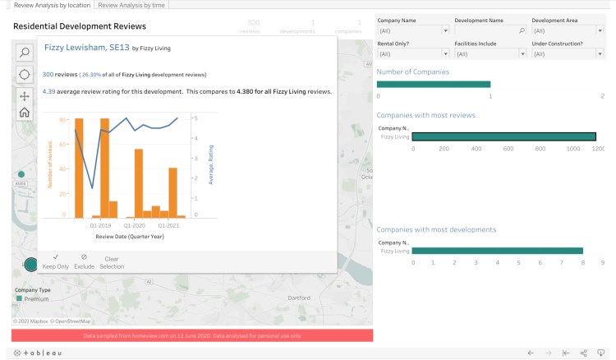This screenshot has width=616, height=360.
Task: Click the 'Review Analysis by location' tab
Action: click(x=53, y=5)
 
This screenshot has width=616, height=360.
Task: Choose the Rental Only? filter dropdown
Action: click(x=411, y=53)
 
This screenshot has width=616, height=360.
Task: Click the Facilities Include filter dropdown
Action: click(x=490, y=53)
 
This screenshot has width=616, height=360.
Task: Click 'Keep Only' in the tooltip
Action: click(x=55, y=262)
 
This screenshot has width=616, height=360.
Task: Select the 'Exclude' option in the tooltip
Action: click(x=85, y=262)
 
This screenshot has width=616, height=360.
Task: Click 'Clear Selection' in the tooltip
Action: click(x=112, y=262)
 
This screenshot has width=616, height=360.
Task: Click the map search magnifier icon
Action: click(x=25, y=53)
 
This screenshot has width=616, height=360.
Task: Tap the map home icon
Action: click(x=25, y=113)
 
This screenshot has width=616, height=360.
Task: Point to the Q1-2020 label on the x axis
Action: click(x=134, y=224)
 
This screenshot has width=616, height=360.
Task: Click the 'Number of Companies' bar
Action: click(x=433, y=84)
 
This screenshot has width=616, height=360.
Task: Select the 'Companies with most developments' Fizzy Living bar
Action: click(x=497, y=251)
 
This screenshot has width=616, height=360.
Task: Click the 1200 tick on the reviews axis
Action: click(x=598, y=149)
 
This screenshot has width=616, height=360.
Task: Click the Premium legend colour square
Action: click(x=18, y=298)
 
